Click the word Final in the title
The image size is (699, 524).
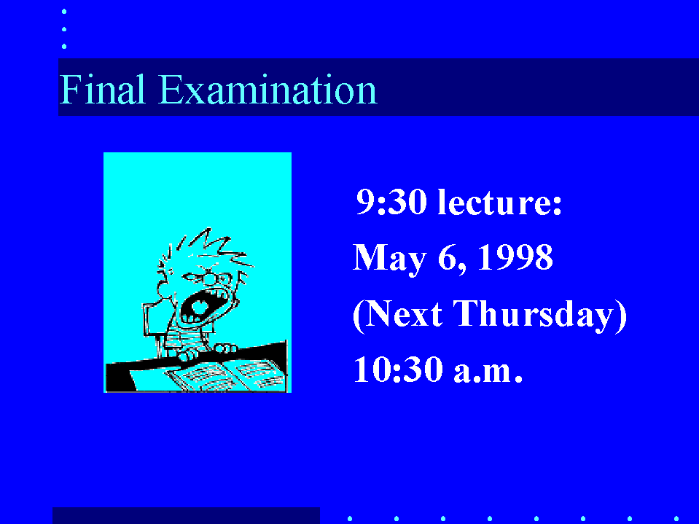(103, 90)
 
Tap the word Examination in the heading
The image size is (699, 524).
(268, 90)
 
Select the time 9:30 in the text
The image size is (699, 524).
(391, 202)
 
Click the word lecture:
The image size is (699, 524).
(500, 202)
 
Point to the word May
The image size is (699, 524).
(390, 259)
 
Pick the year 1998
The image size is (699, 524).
(515, 257)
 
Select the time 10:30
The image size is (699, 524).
(399, 369)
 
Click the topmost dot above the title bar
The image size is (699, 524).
(64, 12)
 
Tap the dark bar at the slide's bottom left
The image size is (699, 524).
(186, 515)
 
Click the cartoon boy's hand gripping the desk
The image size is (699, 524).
(226, 348)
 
